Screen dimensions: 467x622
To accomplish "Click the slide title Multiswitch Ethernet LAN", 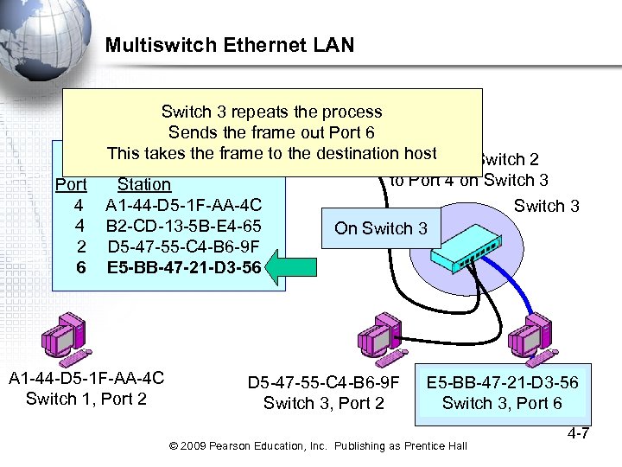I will point(230,45).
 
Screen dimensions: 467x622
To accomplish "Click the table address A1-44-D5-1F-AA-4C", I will point(183,205).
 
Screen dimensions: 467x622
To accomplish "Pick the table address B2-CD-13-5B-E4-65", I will point(183,226).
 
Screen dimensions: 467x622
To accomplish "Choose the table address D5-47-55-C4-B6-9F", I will point(183,246).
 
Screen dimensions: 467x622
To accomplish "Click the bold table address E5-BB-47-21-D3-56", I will point(183,267).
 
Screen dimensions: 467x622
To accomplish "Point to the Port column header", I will point(71,184).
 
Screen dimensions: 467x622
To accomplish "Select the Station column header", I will point(144,184).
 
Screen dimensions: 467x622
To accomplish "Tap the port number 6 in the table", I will point(80,267).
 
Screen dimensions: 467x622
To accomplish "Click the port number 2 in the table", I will point(80,246).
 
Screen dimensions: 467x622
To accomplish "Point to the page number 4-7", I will point(574,432).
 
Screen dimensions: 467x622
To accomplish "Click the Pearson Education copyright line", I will point(319,445).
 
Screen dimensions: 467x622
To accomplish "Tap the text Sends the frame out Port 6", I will point(271,132).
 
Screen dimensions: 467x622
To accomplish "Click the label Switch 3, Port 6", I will point(502,403).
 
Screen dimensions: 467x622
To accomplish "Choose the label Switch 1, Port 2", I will point(86,399).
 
